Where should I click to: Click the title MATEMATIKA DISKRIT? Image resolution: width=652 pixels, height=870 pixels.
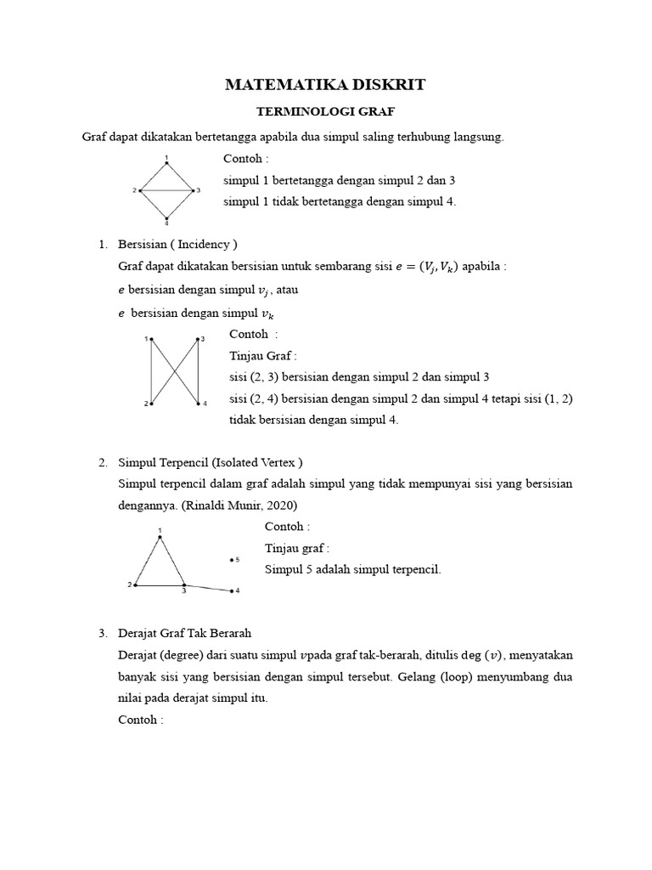click(x=325, y=85)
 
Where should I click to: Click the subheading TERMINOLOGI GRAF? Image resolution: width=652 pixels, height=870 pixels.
click(x=325, y=111)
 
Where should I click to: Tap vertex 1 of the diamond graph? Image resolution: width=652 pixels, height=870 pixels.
click(x=166, y=163)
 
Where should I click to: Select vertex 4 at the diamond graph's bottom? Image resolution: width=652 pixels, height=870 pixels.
click(x=166, y=217)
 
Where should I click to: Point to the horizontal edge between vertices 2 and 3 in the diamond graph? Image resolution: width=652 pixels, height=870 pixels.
click(x=166, y=190)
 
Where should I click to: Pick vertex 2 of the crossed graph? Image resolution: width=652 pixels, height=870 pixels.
click(x=152, y=403)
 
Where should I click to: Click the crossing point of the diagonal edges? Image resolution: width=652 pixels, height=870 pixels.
click(x=175, y=371)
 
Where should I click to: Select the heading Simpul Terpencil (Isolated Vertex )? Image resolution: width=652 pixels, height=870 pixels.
click(x=211, y=462)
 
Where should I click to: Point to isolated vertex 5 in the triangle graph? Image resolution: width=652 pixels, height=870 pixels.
click(x=231, y=560)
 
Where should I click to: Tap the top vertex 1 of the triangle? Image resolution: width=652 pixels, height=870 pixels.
click(x=160, y=537)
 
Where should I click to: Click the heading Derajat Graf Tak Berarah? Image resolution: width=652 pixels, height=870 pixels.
click(x=186, y=634)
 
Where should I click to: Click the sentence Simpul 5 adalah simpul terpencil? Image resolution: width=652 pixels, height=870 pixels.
click(x=352, y=569)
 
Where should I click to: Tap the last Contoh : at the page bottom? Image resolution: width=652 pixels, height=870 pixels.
click(x=140, y=720)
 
